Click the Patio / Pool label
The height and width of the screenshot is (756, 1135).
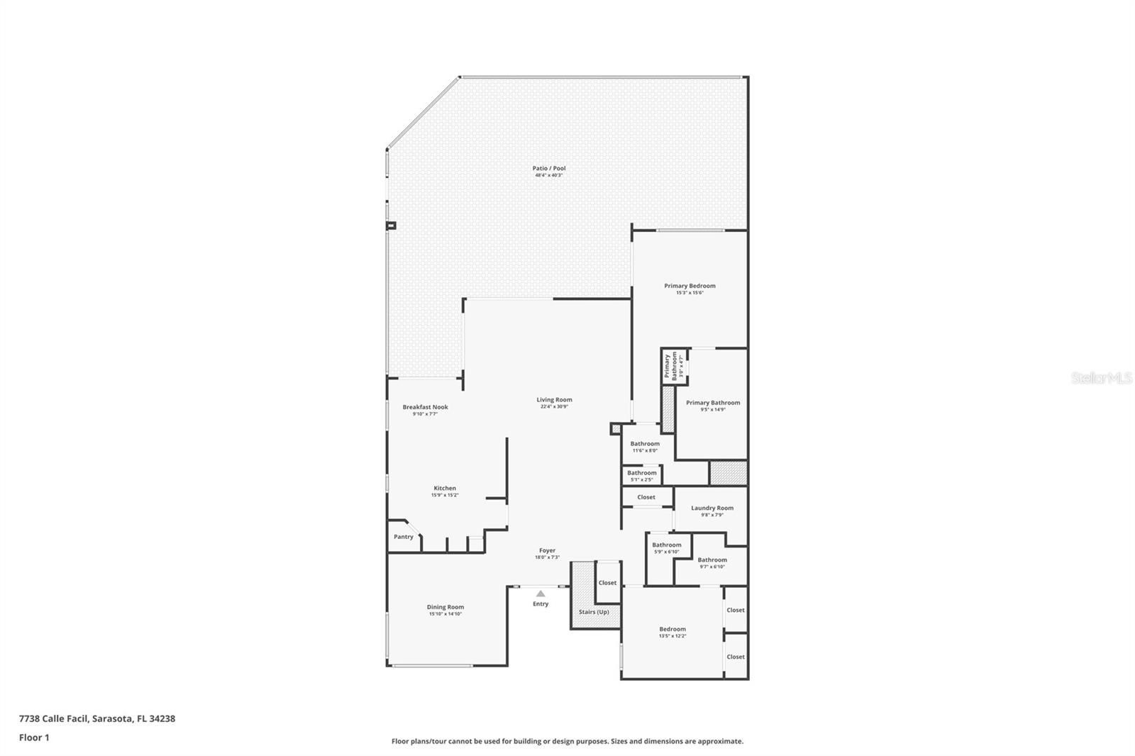coord(549,169)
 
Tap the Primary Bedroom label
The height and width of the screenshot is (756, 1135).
coord(690,286)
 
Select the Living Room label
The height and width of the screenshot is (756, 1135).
coord(554,400)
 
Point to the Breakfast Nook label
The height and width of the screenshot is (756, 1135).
coord(425,407)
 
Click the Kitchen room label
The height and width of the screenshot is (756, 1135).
coord(445,488)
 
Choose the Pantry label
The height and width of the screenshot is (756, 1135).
coord(404,537)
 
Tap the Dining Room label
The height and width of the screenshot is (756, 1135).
coord(445,607)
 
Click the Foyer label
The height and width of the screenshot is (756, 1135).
coord(547,550)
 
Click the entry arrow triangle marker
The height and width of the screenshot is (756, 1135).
coord(541,594)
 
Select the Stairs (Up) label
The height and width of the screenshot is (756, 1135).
coord(594,611)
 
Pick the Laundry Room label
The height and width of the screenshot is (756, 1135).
coord(712,508)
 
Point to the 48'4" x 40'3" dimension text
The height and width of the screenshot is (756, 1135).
coord(549,175)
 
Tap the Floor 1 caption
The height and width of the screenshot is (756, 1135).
coord(34,738)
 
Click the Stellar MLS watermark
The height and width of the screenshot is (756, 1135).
coord(1101,378)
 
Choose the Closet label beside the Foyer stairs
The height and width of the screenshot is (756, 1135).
coord(607,583)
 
